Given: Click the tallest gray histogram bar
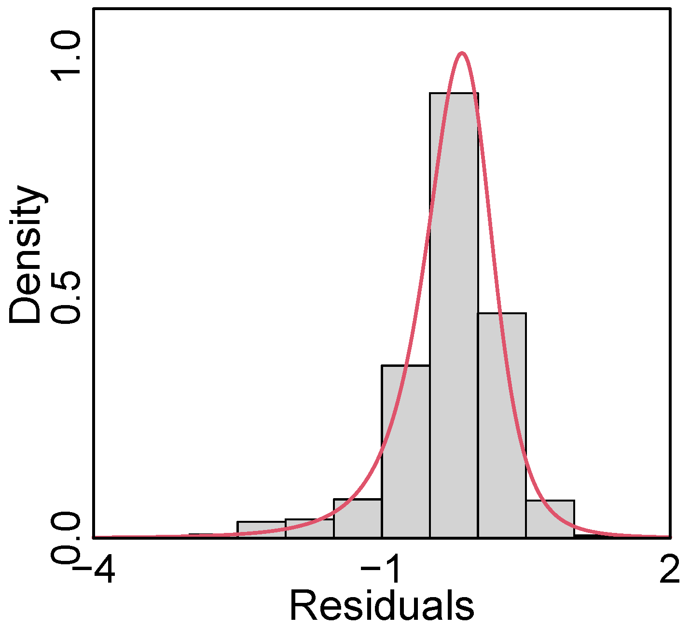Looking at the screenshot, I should [454, 314].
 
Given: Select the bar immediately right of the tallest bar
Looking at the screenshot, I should [502, 425].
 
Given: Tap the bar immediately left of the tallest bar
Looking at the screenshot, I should [406, 451].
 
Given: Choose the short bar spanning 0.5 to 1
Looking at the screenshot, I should [550, 519].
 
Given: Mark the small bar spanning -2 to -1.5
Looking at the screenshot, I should [309, 528].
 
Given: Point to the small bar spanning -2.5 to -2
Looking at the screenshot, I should [261, 529].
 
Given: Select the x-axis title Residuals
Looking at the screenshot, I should [381, 605].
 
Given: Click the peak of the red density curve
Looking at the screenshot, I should [462, 53].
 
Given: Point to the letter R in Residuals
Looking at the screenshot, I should [303, 605].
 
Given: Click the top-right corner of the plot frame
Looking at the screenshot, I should [670, 8].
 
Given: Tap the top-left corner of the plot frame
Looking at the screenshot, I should [93, 8].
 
